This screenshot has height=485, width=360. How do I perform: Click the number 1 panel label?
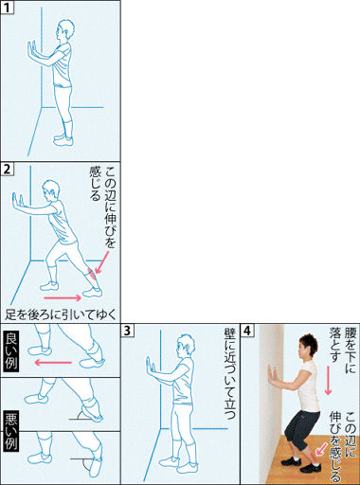(8, 8)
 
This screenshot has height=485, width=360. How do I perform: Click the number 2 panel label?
(8, 170)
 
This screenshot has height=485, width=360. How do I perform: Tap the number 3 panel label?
(128, 331)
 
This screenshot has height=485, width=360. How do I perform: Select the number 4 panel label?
(247, 331)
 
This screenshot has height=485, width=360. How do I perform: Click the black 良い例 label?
(11, 350)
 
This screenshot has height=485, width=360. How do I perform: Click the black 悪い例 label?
(11, 431)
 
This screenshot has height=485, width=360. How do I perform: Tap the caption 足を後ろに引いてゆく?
(61, 314)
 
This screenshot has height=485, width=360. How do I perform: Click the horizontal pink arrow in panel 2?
(63, 297)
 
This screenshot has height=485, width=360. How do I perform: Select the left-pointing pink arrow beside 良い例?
(53, 362)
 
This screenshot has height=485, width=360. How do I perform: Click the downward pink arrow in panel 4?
(328, 380)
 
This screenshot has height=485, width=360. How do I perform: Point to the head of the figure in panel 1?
(65, 30)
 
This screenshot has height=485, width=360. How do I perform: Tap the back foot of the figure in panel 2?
(92, 293)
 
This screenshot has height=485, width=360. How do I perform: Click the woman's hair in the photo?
(309, 342)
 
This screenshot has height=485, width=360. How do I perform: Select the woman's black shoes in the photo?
(301, 464)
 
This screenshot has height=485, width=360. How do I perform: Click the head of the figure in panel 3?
(185, 345)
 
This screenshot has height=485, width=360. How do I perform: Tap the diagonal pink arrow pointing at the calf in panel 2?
(102, 261)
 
